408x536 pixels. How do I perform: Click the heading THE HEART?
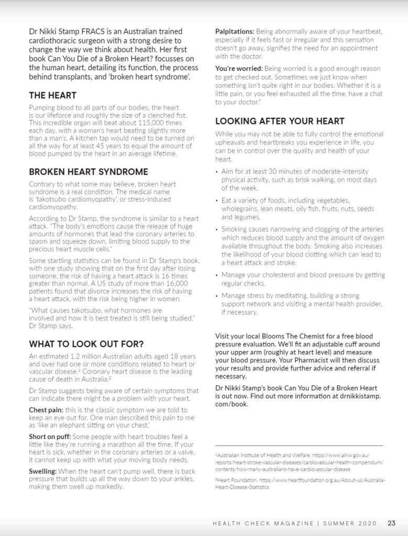coord(52,95)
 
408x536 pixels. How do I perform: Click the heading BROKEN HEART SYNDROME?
coord(89,172)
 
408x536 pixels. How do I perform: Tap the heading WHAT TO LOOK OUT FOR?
coord(86,344)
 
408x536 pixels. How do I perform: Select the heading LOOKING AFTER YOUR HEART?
coord(280,121)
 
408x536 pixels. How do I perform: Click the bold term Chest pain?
coord(46,409)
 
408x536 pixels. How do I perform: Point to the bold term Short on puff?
coord(49,437)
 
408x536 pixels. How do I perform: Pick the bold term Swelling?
coord(43,472)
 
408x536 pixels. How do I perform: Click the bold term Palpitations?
coord(235,32)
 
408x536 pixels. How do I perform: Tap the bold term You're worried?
coord(239,69)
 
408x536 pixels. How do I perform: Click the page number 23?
coord(391,523)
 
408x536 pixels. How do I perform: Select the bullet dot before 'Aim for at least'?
coord(217,172)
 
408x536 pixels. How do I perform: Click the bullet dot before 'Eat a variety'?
coord(217,201)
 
